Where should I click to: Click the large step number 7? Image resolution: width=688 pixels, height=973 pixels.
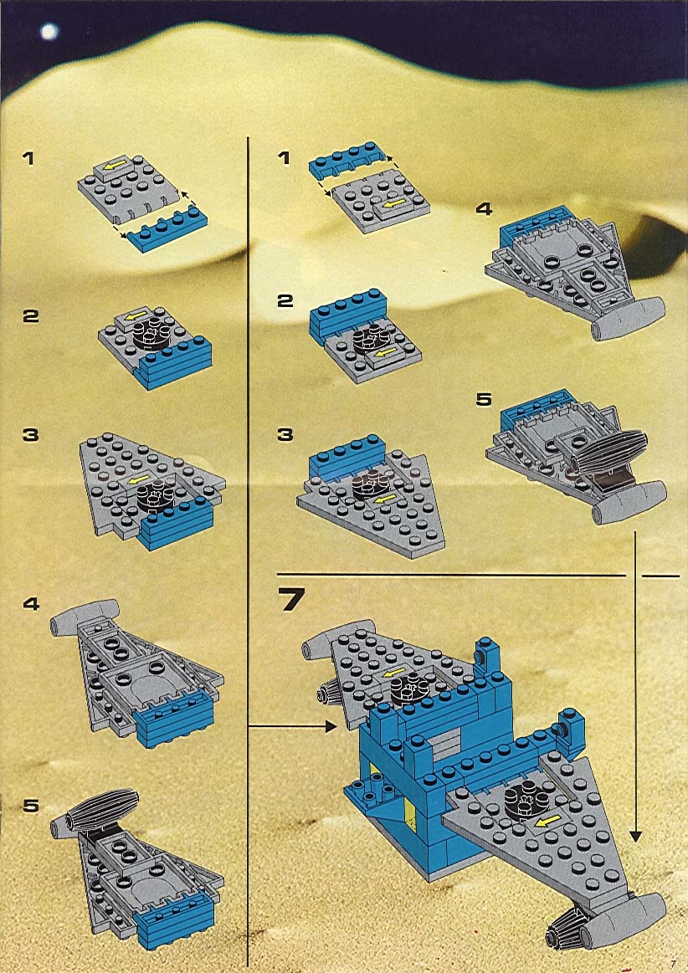(291, 600)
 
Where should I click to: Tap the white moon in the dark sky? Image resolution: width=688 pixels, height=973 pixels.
(49, 31)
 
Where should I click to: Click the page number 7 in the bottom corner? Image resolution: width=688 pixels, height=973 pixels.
(672, 963)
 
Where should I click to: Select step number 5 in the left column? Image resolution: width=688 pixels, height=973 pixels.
(31, 806)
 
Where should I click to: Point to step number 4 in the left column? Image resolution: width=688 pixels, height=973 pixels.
(31, 604)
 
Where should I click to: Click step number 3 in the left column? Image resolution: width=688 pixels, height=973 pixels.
(30, 435)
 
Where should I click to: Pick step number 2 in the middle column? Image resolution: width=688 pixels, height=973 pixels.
(285, 301)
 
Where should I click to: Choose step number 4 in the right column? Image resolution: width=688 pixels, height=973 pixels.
(484, 209)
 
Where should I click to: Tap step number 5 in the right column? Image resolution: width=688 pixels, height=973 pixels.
(484, 400)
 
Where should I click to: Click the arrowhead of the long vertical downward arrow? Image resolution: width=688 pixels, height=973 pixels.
(635, 837)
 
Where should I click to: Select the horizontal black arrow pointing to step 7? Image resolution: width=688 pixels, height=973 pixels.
(292, 726)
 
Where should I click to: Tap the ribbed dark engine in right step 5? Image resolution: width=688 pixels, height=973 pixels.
(608, 453)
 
